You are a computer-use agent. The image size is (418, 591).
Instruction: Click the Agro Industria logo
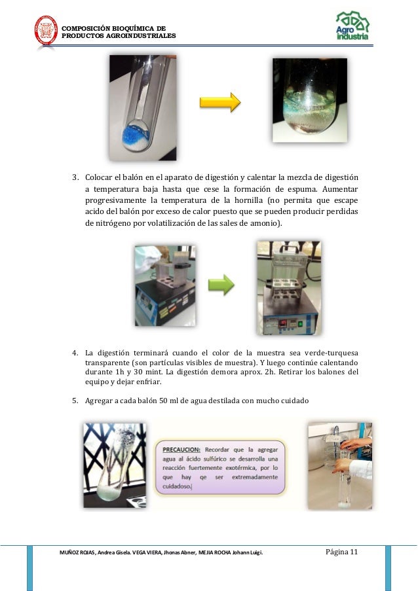pyautogui.click(x=352, y=27)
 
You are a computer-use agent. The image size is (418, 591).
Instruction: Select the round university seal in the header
pyautogui.click(x=46, y=31)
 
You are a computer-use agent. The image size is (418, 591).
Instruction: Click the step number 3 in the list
pyautogui.click(x=75, y=177)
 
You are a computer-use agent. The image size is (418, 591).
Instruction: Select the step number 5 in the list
pyautogui.click(x=75, y=401)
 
